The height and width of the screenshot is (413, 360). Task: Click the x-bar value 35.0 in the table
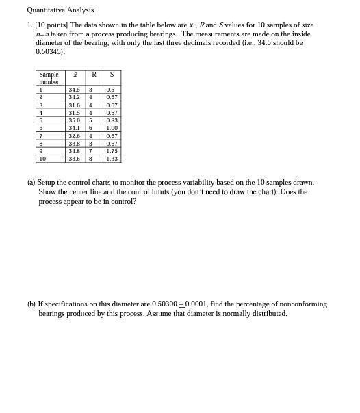(x=74, y=120)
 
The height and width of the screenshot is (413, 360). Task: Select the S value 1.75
(x=112, y=151)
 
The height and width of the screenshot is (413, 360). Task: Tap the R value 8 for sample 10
(x=90, y=159)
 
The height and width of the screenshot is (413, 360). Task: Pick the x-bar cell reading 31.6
(x=74, y=105)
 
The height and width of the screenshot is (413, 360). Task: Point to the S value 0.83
(x=112, y=120)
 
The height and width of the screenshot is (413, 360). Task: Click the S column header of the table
(x=112, y=75)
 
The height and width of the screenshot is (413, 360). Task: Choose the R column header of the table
(x=94, y=75)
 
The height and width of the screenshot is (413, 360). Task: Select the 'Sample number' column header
(x=49, y=78)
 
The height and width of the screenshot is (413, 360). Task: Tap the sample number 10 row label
(x=42, y=159)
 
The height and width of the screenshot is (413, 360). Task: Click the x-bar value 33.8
(x=74, y=144)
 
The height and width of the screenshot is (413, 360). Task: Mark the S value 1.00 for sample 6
(x=112, y=128)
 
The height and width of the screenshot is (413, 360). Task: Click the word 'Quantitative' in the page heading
(x=46, y=10)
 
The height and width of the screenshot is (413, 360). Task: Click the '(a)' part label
(x=31, y=183)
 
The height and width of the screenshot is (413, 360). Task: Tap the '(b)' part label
(x=31, y=304)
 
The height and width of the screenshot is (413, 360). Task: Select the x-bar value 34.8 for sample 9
(x=74, y=151)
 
